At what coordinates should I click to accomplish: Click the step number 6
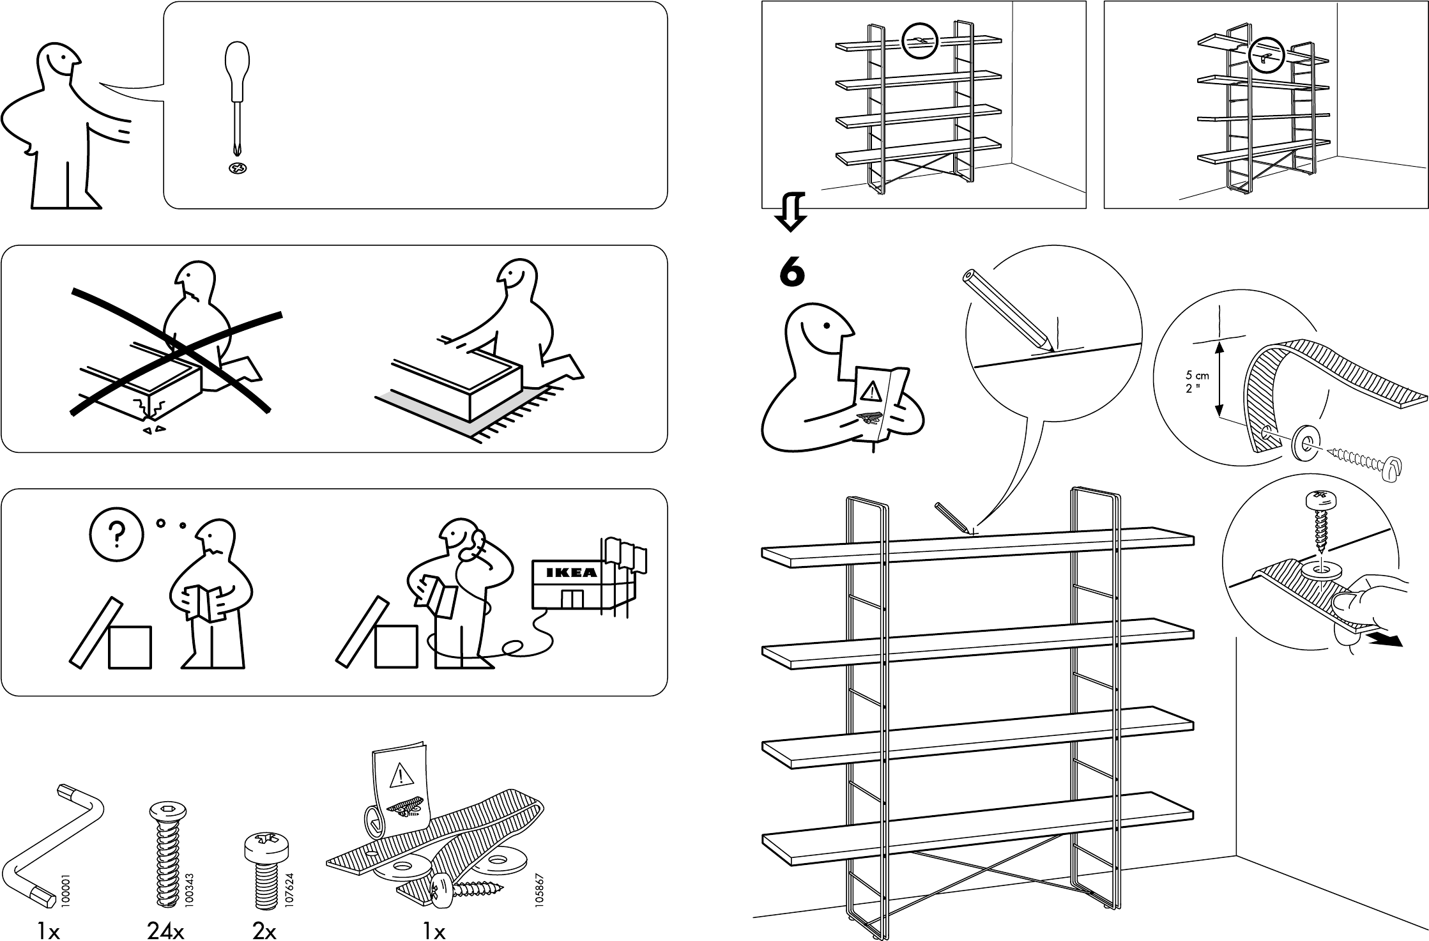[792, 273]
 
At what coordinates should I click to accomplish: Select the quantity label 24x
[165, 932]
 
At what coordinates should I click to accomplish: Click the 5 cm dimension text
[1196, 376]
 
